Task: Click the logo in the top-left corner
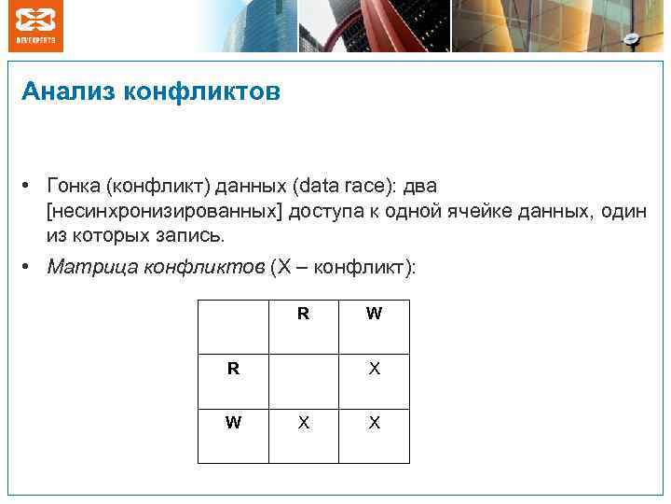point(36,25)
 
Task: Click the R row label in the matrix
point(233,369)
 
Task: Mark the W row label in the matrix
point(233,423)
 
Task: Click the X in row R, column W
point(374,369)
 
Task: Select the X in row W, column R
point(303,423)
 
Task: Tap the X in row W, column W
point(374,423)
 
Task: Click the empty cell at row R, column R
point(303,369)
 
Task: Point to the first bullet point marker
point(31,187)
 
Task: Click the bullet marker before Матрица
point(31,267)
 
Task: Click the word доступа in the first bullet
point(324,211)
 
